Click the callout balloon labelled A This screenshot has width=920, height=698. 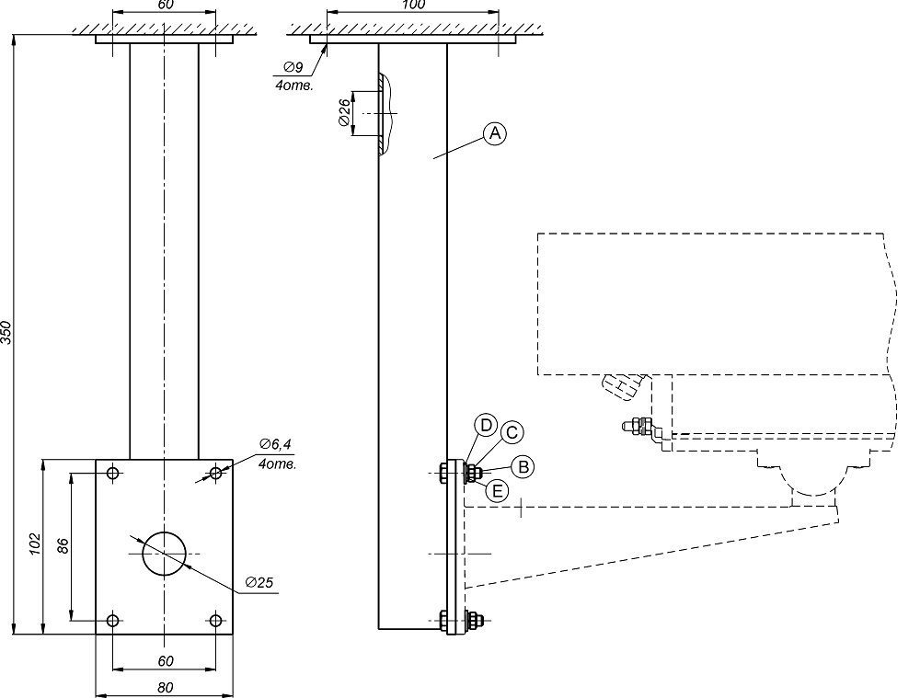point(495,134)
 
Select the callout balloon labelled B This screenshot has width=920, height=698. point(522,466)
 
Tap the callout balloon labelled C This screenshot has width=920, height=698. point(512,431)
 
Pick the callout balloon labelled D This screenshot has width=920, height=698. point(486,425)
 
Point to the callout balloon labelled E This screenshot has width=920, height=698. point(496,490)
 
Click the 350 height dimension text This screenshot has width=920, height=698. point(7,332)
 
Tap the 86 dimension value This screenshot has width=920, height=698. point(63,545)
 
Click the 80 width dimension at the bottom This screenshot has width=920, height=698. point(165,687)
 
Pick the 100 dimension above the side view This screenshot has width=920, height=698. point(414,6)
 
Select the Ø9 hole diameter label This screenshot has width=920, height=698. point(293,67)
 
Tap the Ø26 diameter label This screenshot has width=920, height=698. point(343,114)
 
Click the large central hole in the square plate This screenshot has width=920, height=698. point(165,553)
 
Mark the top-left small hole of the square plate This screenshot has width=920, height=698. point(112,474)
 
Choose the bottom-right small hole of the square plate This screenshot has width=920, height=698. point(216,621)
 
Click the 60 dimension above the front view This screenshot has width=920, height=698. point(165,6)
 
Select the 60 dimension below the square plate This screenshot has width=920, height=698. point(165,660)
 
